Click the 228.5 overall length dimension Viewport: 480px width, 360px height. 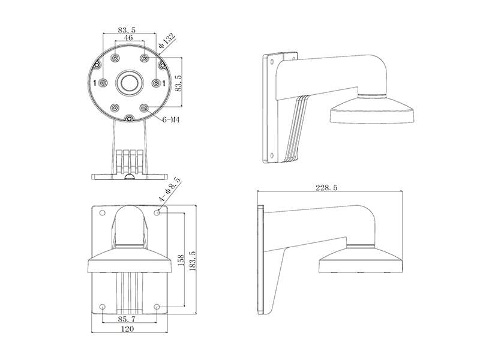point(326,188)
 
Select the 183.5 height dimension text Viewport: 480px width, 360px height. point(193,261)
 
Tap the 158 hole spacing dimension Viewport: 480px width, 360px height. point(181,260)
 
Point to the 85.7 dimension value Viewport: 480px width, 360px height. point(127,319)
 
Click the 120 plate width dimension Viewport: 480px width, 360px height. point(127,329)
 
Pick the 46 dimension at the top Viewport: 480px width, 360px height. point(128,37)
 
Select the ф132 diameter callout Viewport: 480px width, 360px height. point(167,41)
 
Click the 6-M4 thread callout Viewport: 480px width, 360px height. point(170,120)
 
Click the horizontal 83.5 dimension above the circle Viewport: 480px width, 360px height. point(127,30)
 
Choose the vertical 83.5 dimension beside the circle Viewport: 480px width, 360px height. point(178,83)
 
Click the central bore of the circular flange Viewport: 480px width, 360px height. point(130,82)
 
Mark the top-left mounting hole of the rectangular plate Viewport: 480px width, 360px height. point(103,213)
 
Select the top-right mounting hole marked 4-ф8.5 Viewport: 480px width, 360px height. point(157,212)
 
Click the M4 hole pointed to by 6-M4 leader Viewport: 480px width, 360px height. point(144,107)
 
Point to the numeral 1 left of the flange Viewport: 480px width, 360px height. point(95,83)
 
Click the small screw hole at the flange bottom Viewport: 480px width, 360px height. point(130,118)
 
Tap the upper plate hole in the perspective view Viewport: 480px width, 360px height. point(272,62)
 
